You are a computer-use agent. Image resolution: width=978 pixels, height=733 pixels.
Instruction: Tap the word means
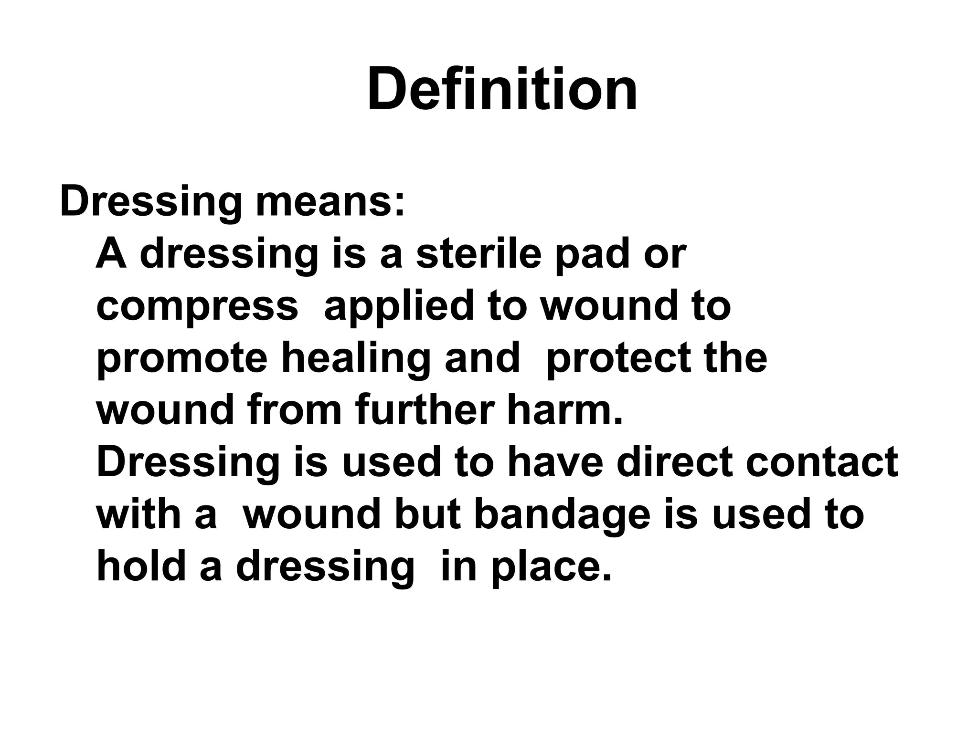[330, 202]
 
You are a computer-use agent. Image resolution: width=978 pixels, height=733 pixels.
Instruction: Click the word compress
[197, 307]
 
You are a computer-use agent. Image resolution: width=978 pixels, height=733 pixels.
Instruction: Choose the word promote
[182, 359]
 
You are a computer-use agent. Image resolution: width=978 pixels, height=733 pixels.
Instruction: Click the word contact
[821, 462]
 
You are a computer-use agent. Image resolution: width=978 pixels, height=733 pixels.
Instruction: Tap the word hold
[141, 566]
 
